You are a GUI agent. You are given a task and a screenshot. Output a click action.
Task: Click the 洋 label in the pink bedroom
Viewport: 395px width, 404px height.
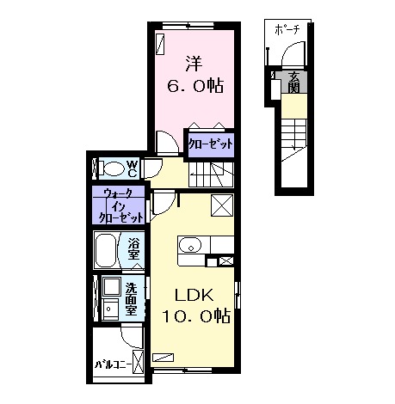point(194,64)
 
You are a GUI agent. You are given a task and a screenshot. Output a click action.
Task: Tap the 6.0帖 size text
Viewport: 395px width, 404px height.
point(195,85)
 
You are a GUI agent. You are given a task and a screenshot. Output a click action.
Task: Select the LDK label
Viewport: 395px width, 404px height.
point(194,296)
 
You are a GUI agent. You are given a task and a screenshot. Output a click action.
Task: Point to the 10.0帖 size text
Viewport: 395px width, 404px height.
point(196,315)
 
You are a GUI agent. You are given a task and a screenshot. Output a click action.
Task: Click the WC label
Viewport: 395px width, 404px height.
point(132,168)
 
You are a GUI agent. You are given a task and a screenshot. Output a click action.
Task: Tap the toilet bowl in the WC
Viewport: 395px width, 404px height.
point(114,169)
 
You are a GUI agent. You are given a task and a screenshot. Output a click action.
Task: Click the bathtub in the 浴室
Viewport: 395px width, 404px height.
point(106,250)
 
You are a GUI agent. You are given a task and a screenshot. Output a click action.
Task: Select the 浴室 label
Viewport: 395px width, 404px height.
point(133,249)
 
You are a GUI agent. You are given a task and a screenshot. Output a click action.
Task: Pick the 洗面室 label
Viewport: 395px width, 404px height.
point(131,299)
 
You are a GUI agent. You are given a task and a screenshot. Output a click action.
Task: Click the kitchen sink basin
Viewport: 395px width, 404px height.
point(190,246)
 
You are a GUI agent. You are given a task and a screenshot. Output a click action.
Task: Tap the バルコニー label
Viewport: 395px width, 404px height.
point(114,365)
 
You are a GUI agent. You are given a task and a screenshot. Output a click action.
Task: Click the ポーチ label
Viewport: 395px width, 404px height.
point(287,30)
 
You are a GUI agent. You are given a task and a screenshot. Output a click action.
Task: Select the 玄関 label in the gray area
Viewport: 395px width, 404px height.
point(294,82)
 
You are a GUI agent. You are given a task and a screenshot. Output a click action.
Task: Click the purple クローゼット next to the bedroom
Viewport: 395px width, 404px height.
point(211,144)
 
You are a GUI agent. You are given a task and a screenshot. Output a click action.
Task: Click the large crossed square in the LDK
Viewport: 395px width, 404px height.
point(222,205)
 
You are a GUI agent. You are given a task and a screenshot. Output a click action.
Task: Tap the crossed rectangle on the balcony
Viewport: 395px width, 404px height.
point(139,362)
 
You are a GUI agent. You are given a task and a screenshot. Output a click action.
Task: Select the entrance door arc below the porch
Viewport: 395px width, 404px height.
point(290,51)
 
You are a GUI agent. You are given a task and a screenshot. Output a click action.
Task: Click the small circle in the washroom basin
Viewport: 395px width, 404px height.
point(108,309)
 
